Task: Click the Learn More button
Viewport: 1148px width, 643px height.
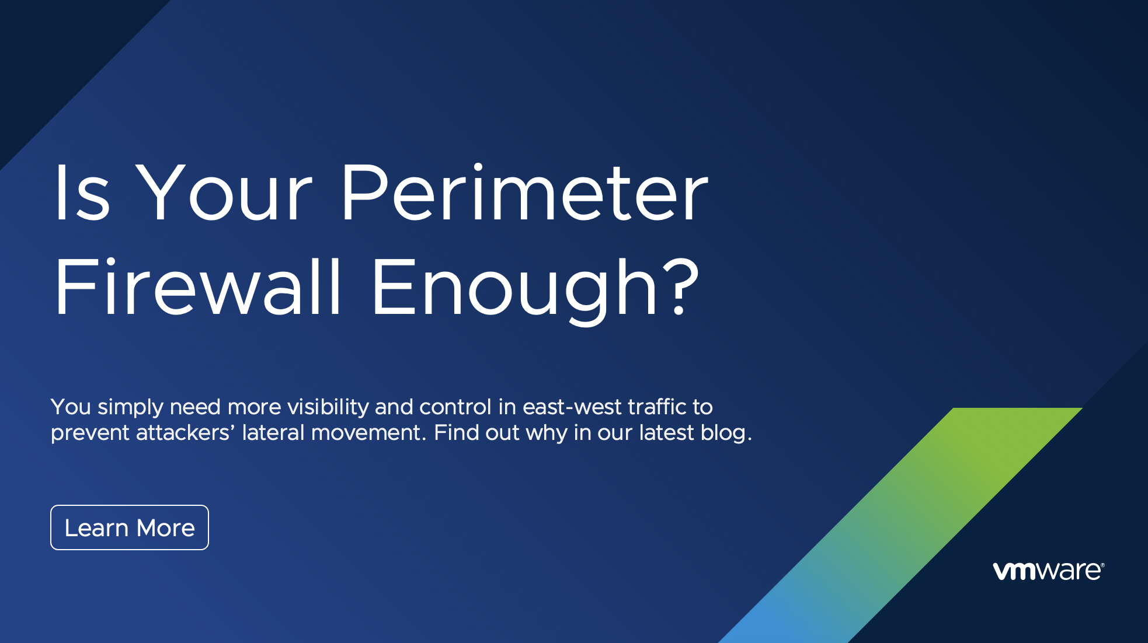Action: pyautogui.click(x=130, y=527)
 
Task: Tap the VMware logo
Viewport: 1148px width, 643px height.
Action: pyautogui.click(x=1048, y=571)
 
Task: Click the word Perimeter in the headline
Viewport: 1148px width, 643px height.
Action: pyautogui.click(x=524, y=194)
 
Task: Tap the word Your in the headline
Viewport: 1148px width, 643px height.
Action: pyautogui.click(x=225, y=194)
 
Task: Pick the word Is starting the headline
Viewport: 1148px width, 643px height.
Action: pyautogui.click(x=82, y=194)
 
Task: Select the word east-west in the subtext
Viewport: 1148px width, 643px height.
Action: pyautogui.click(x=572, y=407)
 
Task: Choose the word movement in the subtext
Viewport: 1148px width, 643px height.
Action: pyautogui.click(x=366, y=433)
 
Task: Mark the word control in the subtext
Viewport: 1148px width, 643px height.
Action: pyautogui.click(x=455, y=407)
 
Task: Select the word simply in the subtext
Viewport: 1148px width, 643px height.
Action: pyautogui.click(x=130, y=407)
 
